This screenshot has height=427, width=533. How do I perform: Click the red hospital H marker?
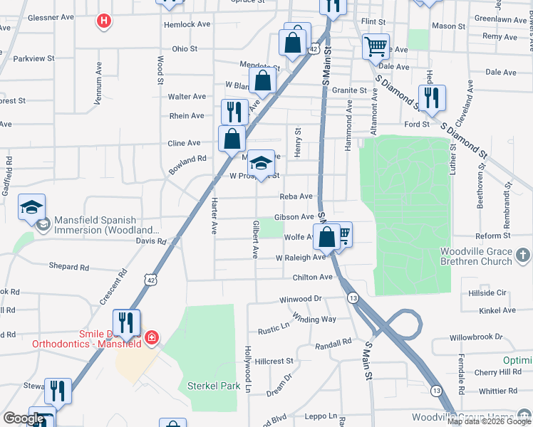[104, 21]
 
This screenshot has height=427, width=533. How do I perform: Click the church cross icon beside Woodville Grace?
[522, 255]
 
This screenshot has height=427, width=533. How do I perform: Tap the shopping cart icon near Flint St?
[376, 47]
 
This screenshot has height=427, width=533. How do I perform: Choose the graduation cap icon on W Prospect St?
[261, 163]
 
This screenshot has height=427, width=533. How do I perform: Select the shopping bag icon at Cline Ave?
[232, 138]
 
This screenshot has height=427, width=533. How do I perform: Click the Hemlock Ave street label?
[187, 24]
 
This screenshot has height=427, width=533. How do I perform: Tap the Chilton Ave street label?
[313, 277]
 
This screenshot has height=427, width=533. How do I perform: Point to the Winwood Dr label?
[301, 299]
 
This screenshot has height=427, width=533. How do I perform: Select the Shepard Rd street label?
[69, 267]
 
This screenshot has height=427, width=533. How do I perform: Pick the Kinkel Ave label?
[498, 310]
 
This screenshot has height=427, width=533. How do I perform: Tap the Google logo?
[24, 418]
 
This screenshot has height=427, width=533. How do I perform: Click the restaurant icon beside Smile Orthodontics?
[126, 322]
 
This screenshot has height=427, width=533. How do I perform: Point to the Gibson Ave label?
[294, 217]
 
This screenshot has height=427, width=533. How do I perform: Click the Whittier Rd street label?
[498, 391]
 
